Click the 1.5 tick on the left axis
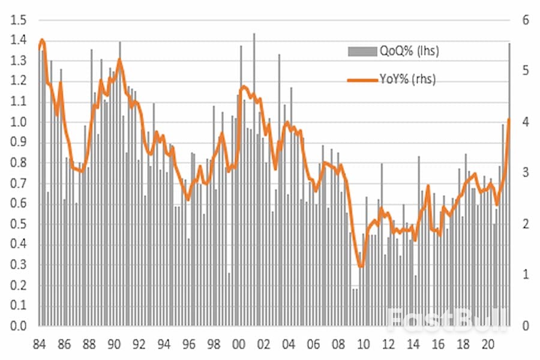point(20,20)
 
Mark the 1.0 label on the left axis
point(20,122)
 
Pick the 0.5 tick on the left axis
point(20,224)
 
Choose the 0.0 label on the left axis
point(20,326)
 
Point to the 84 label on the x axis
point(40,345)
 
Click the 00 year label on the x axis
point(238,345)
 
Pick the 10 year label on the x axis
point(363,345)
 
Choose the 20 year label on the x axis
point(488,345)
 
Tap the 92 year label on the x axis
point(139,345)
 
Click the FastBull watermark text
point(447,320)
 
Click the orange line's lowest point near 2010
point(360,267)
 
